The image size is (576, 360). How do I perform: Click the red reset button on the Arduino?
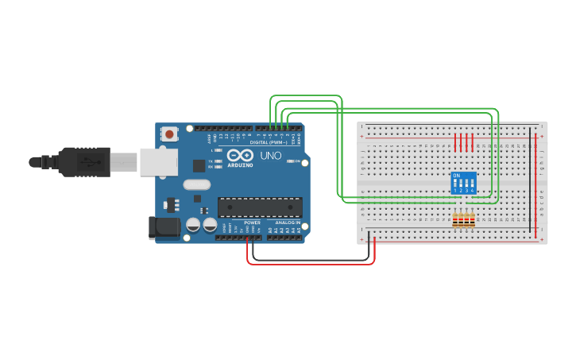click(x=169, y=135)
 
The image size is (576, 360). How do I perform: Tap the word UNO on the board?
click(x=271, y=155)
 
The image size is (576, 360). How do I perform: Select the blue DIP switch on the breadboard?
click(x=463, y=183)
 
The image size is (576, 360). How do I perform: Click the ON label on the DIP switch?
click(x=456, y=175)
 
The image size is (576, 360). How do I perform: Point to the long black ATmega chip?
click(x=260, y=207)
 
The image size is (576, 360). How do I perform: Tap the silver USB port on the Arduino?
click(x=158, y=161)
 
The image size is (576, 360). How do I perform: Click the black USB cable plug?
click(x=83, y=161)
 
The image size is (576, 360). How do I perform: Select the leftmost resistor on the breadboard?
click(x=455, y=220)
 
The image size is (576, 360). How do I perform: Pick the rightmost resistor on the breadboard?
click(x=473, y=220)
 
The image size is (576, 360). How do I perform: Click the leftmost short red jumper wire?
click(x=455, y=142)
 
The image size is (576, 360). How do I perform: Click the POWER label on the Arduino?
click(x=252, y=223)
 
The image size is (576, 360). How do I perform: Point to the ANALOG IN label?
click(x=288, y=223)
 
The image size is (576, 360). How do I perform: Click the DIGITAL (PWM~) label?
click(x=269, y=142)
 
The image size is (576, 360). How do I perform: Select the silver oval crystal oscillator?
click(x=196, y=185)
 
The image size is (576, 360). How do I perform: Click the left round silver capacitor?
click(x=193, y=225)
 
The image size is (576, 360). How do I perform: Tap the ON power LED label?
click(x=297, y=161)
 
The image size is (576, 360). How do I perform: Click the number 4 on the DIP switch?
click(x=473, y=191)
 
